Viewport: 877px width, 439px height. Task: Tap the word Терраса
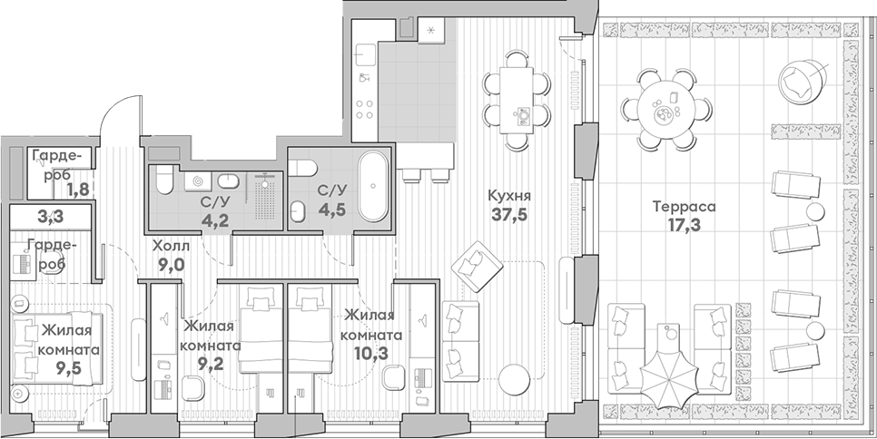[x=685, y=207]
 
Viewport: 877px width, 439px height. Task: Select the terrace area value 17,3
[x=685, y=225]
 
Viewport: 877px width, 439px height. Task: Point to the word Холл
[x=172, y=246]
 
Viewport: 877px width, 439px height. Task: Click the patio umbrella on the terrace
[x=669, y=381]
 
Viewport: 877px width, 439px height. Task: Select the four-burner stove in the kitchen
[x=365, y=108]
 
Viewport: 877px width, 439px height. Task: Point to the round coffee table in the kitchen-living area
[x=514, y=380]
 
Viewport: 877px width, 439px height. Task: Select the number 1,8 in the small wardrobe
[x=78, y=190]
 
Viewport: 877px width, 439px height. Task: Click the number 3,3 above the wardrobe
[x=50, y=217]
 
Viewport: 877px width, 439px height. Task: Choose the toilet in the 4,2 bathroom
[x=164, y=179]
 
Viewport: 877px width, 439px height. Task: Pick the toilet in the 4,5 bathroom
[x=305, y=167]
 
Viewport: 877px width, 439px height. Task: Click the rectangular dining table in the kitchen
[x=517, y=100]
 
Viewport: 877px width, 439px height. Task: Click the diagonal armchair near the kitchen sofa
[x=478, y=267]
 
